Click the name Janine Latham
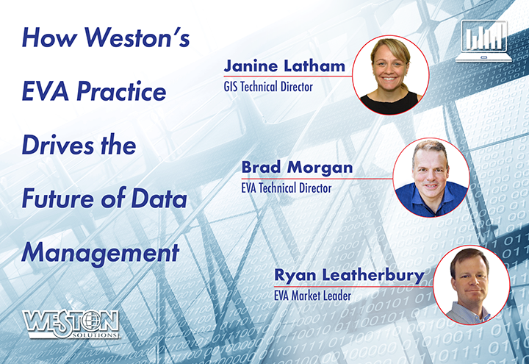coord(284,65)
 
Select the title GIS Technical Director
coord(268,87)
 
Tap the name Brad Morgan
coord(298,167)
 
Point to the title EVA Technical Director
coord(287,188)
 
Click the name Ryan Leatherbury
coord(350,276)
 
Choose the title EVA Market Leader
coord(313,296)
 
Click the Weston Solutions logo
coord(71,324)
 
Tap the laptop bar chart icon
coord(483,41)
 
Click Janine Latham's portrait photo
coord(391,75)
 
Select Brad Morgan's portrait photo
coord(431,177)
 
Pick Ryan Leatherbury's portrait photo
coord(471,285)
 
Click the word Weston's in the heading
coord(137,38)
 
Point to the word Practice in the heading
coord(121,91)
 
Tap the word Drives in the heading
coord(58,145)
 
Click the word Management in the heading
coord(100,254)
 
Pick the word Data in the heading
coord(159,199)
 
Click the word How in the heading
coord(50,38)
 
